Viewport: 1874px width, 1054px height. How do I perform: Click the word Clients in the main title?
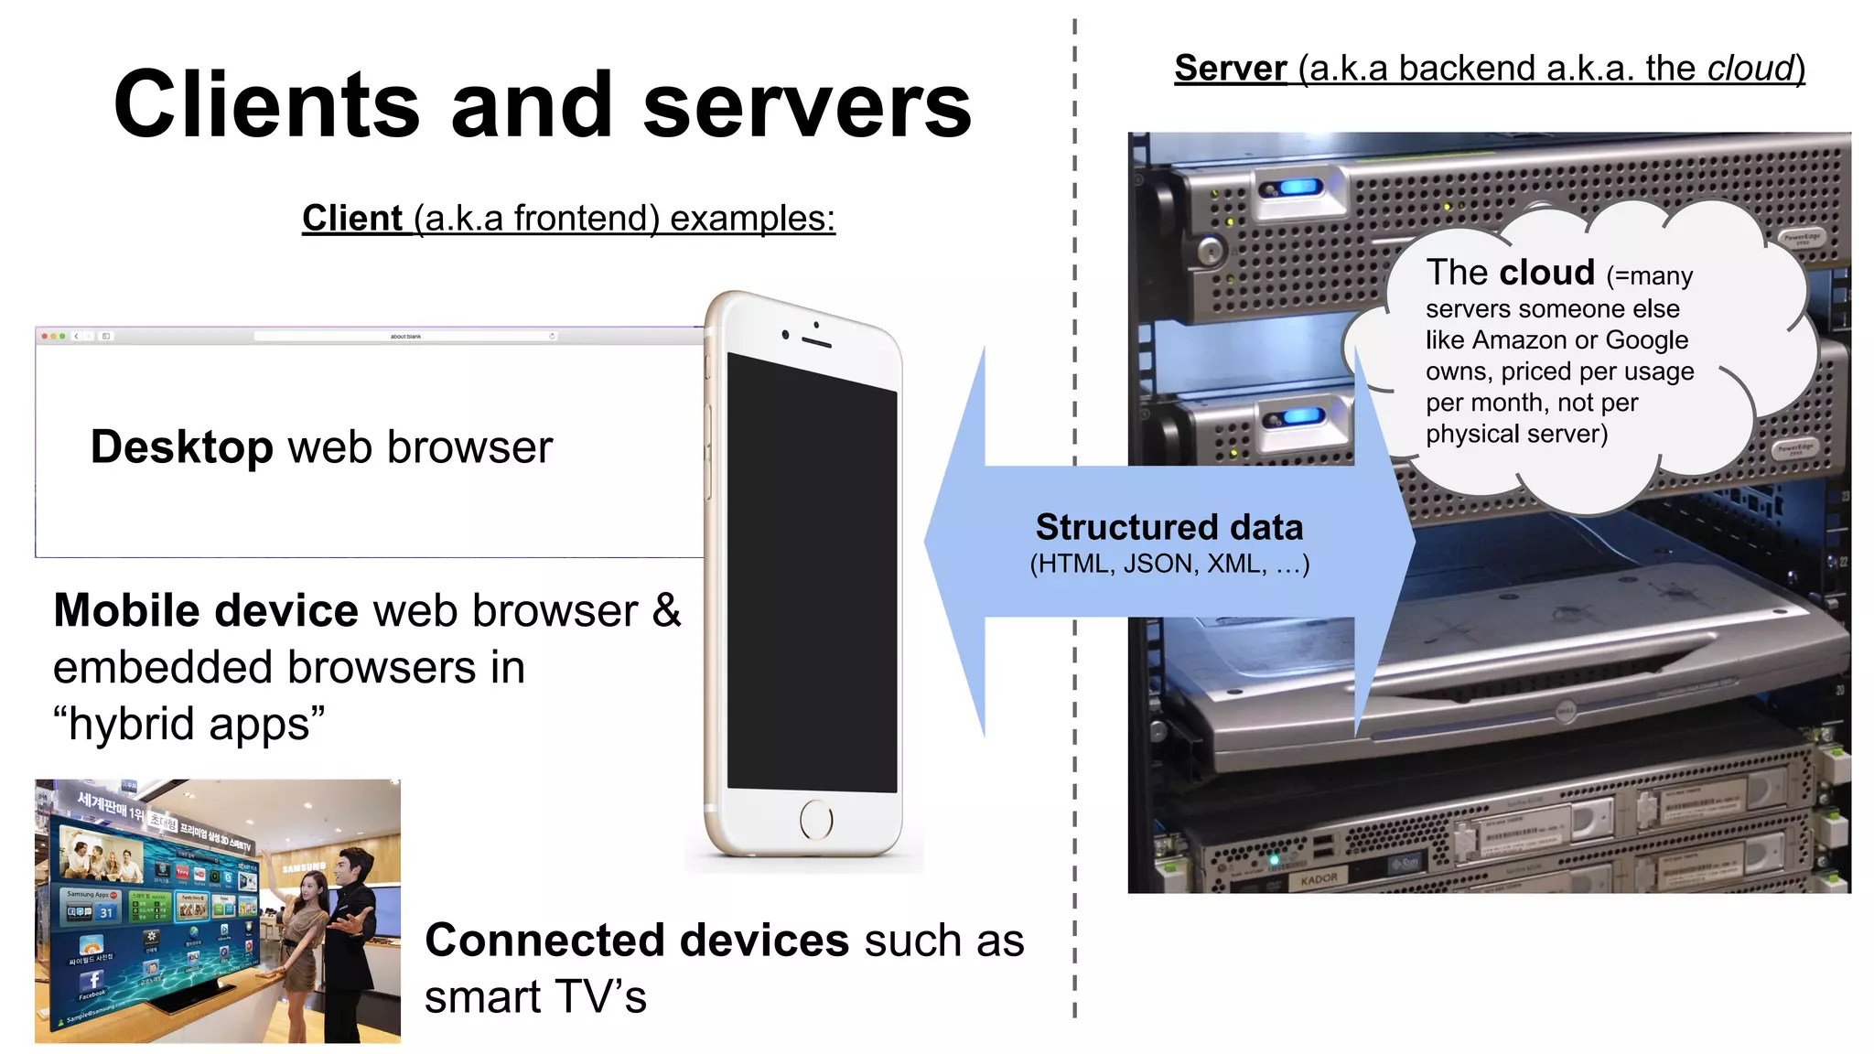266,106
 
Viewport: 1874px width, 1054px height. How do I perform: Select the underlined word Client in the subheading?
352,219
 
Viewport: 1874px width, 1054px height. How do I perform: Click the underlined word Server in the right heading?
1231,69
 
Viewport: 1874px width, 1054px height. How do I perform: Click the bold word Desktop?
181,447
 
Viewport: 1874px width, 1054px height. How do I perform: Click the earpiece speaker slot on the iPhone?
816,343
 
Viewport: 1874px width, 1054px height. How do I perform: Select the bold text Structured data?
1169,528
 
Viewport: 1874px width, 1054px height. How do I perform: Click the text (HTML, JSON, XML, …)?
1169,564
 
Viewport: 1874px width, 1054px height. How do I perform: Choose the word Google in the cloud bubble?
1646,340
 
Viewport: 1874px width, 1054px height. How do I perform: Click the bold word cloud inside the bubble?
1546,273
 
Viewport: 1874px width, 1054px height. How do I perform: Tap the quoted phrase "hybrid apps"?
188,724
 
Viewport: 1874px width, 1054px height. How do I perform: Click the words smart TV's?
535,997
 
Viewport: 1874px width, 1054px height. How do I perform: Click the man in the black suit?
352,924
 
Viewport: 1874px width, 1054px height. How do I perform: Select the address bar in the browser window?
405,337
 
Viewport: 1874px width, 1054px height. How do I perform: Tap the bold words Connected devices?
637,941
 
